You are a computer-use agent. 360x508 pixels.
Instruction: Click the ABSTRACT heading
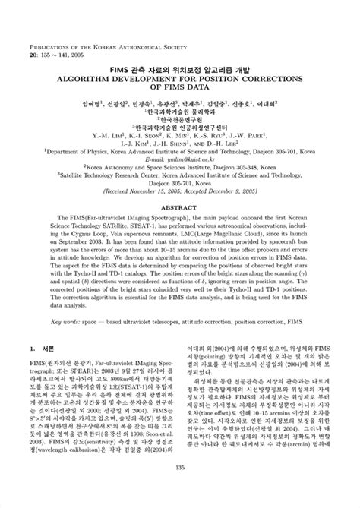tap(180, 185)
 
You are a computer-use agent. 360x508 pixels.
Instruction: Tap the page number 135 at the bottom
tap(180, 489)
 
